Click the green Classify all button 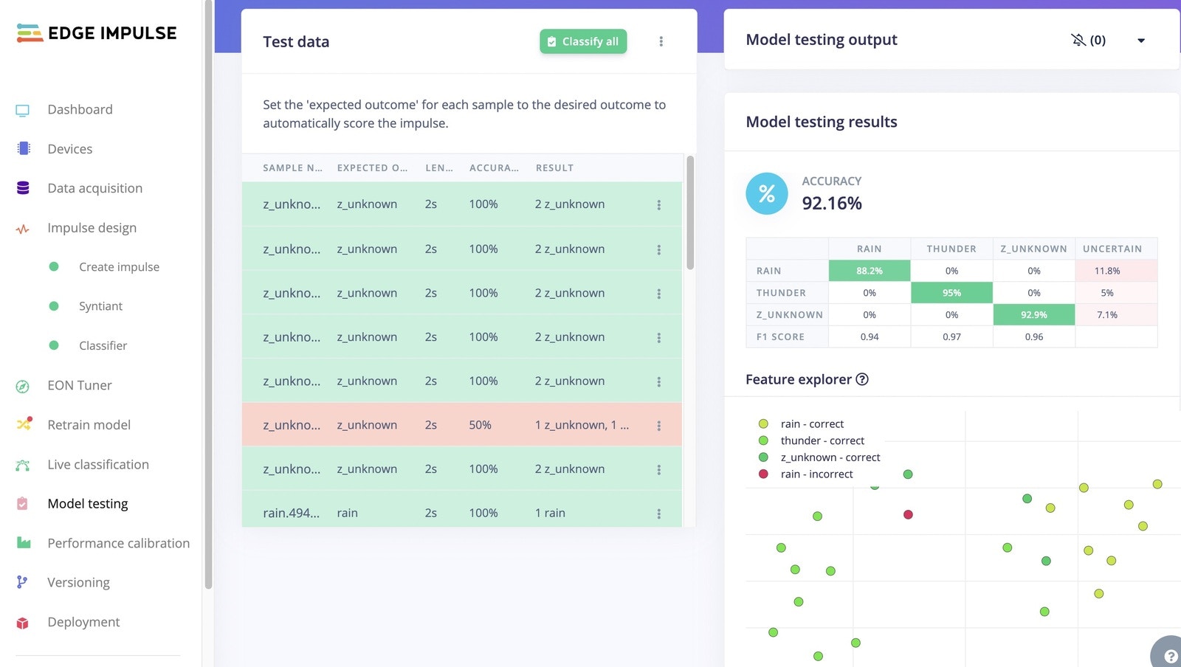tap(583, 41)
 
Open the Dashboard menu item tap(80, 109)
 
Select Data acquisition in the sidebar tap(94, 188)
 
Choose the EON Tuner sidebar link tap(79, 385)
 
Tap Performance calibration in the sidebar tap(118, 543)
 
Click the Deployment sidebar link tap(83, 622)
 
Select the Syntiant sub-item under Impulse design tap(100, 306)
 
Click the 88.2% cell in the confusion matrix tap(870, 271)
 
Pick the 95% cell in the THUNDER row tap(951, 293)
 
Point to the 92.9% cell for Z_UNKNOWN tap(1033, 314)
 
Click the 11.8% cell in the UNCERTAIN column tap(1107, 271)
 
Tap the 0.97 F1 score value tap(951, 336)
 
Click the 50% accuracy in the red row tap(480, 425)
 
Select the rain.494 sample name tap(291, 513)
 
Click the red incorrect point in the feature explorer tap(908, 514)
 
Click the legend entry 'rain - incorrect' tap(816, 474)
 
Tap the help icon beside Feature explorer tap(862, 379)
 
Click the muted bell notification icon tap(1078, 40)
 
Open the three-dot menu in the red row tap(658, 426)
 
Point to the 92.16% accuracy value tap(832, 203)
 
